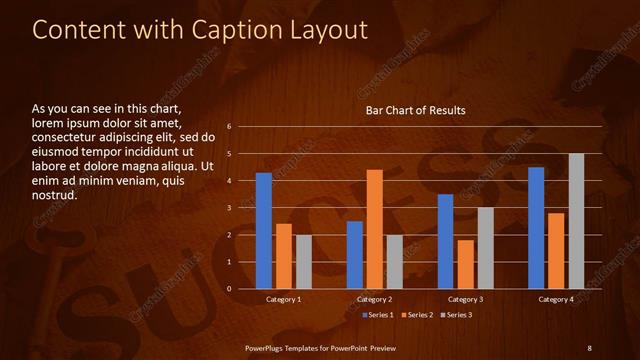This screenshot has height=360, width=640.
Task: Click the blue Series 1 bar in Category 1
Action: pyautogui.click(x=264, y=231)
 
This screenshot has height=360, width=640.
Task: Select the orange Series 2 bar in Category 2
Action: pyautogui.click(x=375, y=229)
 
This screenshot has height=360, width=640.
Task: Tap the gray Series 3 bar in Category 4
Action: pyautogui.click(x=576, y=221)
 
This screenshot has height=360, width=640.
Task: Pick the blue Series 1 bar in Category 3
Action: pyautogui.click(x=446, y=241)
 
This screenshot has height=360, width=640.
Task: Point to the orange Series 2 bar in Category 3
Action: pyautogui.click(x=465, y=264)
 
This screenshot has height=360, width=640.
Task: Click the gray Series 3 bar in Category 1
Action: pyautogui.click(x=303, y=262)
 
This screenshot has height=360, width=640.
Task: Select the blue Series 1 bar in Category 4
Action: pyautogui.click(x=536, y=228)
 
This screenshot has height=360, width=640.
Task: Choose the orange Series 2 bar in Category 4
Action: pyautogui.click(x=556, y=251)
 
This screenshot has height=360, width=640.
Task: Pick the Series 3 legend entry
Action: pyautogui.click(x=456, y=315)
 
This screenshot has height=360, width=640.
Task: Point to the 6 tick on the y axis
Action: pyautogui.click(x=229, y=127)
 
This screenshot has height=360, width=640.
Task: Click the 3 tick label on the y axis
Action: pyautogui.click(x=229, y=208)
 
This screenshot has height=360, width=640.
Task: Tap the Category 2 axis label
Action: pyautogui.click(x=374, y=300)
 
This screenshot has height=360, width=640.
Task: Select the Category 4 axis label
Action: pyautogui.click(x=556, y=300)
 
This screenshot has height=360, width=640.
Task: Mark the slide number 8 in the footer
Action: pyautogui.click(x=589, y=347)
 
